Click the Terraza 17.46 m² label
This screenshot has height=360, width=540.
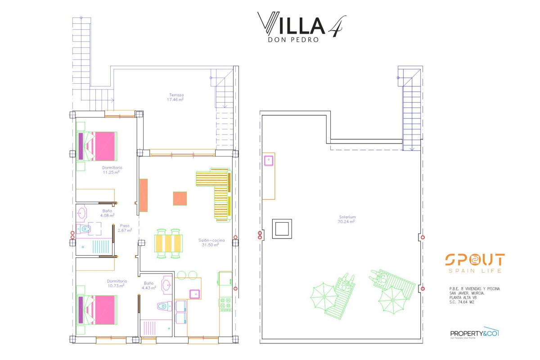tap(176, 97)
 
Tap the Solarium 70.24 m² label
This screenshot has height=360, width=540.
tap(346, 219)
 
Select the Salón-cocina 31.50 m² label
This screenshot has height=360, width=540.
tap(209, 243)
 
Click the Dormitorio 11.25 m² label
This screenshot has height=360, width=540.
tap(112, 170)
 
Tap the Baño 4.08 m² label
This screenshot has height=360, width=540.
tap(108, 213)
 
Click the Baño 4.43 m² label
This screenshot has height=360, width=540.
tap(148, 285)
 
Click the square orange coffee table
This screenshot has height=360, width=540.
tap(180, 198)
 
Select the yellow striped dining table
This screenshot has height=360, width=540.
tap(169, 243)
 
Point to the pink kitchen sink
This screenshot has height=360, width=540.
tap(195, 294)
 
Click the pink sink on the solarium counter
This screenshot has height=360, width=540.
tap(269, 160)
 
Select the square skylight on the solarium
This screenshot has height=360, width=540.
tap(282, 229)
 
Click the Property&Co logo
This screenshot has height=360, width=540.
tap(474, 333)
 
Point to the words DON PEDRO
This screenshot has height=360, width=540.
tap(293, 40)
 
